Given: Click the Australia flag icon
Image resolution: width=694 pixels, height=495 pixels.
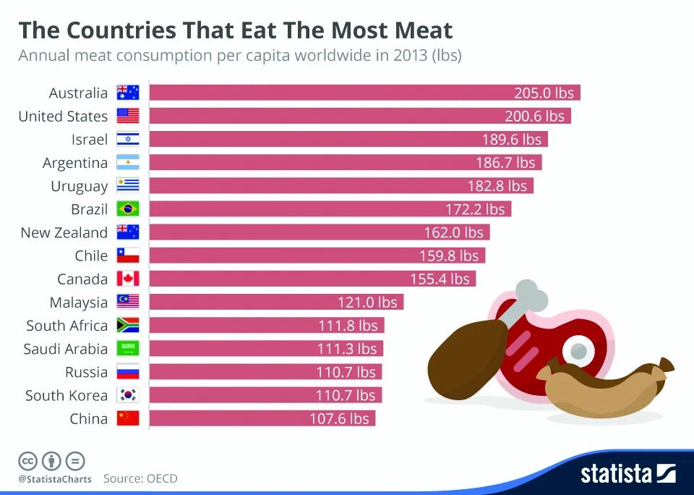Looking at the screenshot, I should [127, 93].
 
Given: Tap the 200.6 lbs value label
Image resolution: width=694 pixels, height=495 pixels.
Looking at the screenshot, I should [534, 116].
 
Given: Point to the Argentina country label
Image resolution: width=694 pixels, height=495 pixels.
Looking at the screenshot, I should [75, 163].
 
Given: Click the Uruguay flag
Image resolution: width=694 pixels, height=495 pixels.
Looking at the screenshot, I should [127, 186].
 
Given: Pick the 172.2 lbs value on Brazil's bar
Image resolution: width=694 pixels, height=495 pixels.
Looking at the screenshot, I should [475, 209].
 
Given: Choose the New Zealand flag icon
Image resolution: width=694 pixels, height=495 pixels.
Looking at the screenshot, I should [127, 232].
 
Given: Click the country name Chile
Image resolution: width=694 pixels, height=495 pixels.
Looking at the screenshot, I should [91, 256].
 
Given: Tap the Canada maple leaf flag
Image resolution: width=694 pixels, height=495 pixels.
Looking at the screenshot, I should [127, 279].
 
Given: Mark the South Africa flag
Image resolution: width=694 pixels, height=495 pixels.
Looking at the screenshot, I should [127, 326].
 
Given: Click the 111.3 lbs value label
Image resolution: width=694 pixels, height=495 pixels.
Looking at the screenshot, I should [347, 349].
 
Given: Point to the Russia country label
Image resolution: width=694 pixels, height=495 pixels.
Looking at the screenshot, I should [87, 373].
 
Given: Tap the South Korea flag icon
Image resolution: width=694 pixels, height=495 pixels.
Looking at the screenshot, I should [127, 396].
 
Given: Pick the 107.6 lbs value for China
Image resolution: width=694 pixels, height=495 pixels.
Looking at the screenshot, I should [339, 419].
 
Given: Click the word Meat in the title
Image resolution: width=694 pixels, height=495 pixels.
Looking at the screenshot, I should [424, 30].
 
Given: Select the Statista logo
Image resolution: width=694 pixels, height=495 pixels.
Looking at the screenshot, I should [627, 474].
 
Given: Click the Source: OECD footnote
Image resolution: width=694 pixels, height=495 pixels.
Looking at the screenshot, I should [140, 478].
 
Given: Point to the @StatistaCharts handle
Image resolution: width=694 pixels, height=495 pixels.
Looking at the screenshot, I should [55, 479].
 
